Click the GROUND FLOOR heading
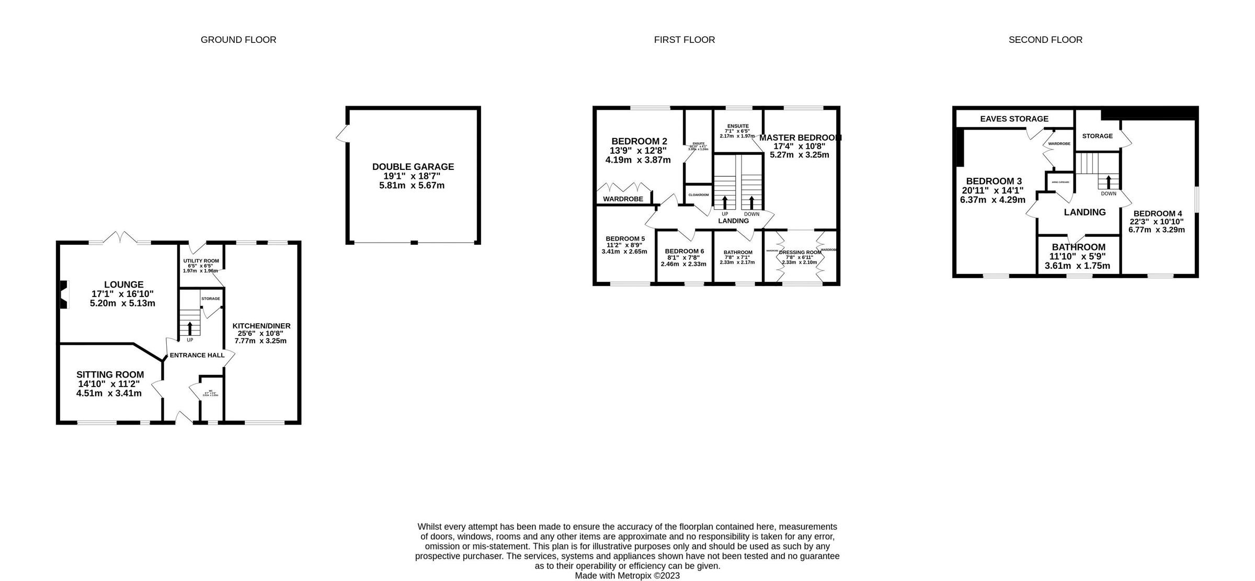click(238, 40)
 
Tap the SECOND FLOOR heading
click(1045, 40)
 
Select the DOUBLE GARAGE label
click(413, 167)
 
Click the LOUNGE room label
click(123, 285)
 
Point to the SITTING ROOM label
click(110, 374)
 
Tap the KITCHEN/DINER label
click(261, 326)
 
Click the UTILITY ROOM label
click(201, 261)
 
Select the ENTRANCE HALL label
click(197, 355)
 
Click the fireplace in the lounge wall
click(64, 294)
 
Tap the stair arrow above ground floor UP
click(190, 328)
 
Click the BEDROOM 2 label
click(639, 141)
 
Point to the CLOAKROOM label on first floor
click(698, 195)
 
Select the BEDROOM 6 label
click(684, 251)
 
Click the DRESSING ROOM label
click(800, 252)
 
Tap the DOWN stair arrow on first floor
click(752, 202)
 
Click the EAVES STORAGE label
click(1014, 119)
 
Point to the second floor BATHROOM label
click(1078, 247)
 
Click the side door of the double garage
click(342, 133)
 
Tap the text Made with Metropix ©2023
click(627, 575)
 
